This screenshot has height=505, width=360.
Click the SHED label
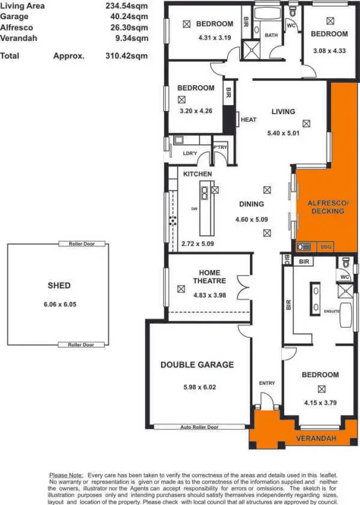pos(59,285)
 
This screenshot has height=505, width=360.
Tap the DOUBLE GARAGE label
pos(197,364)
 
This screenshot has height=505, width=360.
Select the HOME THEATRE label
pos(209,276)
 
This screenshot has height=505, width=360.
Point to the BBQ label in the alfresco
pos(326,246)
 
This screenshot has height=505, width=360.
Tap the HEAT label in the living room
pos(248,119)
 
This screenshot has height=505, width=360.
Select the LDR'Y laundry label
pos(190,154)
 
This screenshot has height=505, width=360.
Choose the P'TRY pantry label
pos(219,147)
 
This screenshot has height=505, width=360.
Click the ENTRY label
pos(267,383)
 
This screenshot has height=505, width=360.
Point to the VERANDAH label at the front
pos(315,440)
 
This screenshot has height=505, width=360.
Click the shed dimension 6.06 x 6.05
pos(59,304)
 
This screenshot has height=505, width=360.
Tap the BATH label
pos(271,35)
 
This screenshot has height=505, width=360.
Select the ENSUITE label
pos(331,312)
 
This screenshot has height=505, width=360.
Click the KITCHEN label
pos(198,174)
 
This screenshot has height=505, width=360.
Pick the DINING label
pos(251,204)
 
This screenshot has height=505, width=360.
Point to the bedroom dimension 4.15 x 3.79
pos(320,396)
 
